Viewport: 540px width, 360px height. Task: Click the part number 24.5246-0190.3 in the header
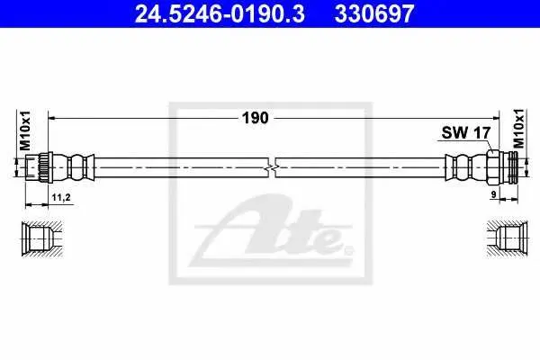[220, 13]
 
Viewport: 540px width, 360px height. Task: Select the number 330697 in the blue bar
[374, 13]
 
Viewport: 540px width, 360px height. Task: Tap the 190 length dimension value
[256, 118]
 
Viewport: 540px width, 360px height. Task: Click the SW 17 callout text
[465, 132]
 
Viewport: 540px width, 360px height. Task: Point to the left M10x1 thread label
[25, 130]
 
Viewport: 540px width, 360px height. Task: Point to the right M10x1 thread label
[518, 129]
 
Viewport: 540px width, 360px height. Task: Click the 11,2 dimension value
[61, 197]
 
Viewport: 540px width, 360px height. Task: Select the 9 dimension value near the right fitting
[493, 194]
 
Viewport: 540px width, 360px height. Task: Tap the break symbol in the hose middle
[272, 167]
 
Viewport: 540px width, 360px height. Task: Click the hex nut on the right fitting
[493, 167]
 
